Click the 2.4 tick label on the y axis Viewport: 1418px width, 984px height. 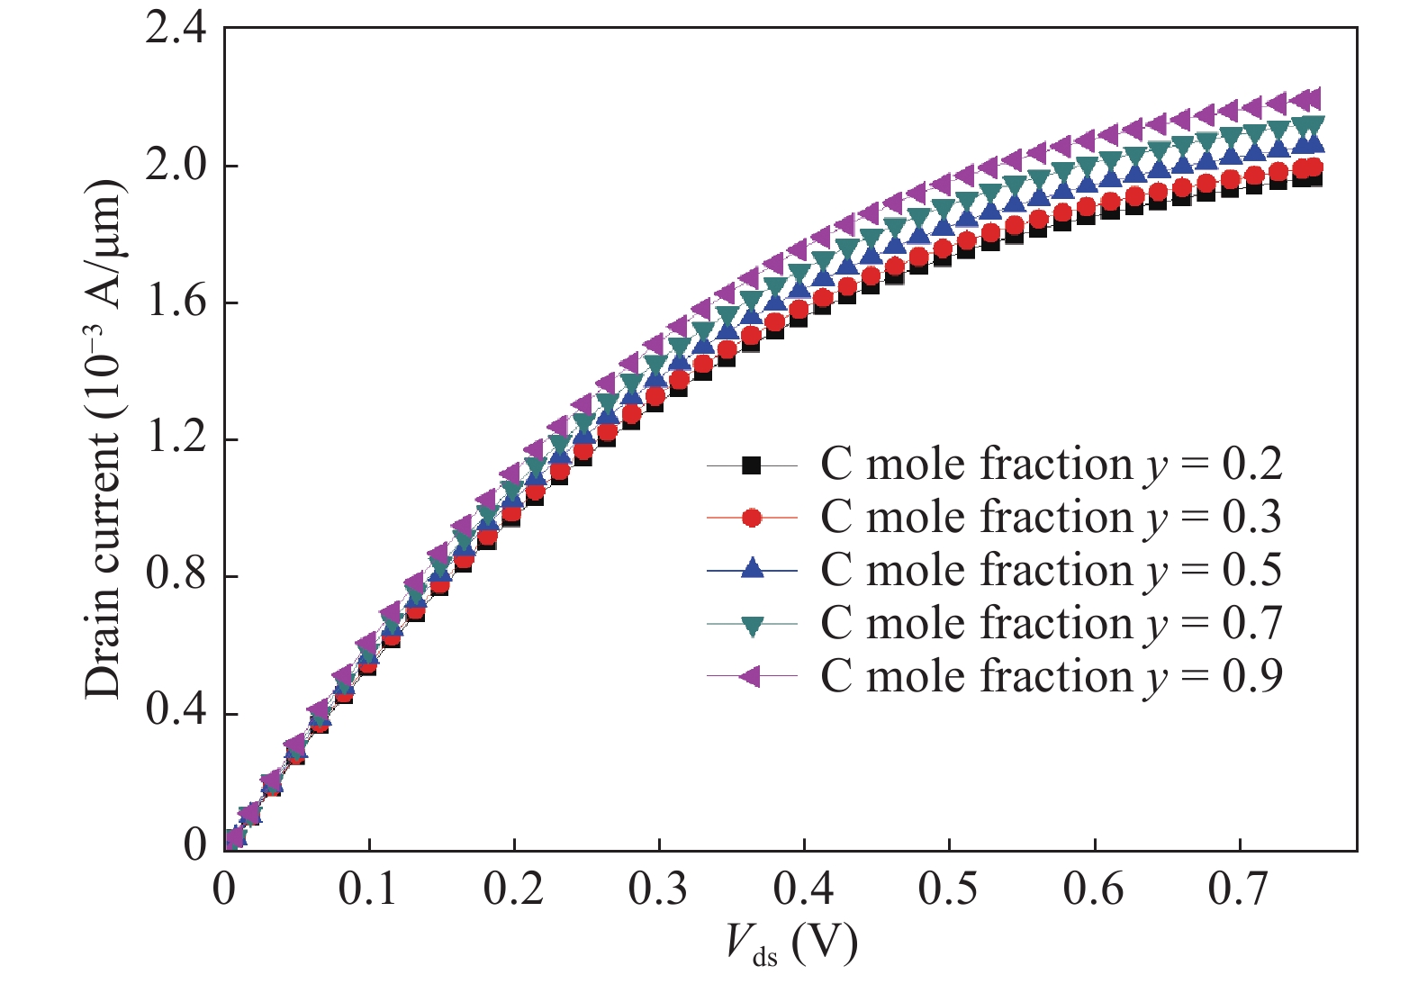pos(176,29)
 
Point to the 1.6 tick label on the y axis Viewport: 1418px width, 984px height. pos(176,302)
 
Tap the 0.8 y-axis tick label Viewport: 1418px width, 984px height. pos(176,576)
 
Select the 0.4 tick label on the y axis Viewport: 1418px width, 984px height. pos(176,713)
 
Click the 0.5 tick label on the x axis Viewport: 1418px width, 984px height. pos(948,889)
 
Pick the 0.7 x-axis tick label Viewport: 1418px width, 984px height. pos(1238,889)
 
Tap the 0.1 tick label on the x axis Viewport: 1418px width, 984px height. pos(368,889)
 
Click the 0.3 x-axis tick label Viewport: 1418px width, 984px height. pos(658,889)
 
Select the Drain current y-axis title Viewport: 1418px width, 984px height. pos(104,439)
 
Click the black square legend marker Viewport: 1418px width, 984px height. pos(752,465)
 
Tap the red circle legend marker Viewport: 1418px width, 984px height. pos(752,518)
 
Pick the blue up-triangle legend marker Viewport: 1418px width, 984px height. pos(752,569)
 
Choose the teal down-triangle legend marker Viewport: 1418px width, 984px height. pos(752,624)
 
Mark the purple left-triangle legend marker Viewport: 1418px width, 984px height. pos(752,676)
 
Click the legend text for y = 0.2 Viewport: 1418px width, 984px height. pos(1051,465)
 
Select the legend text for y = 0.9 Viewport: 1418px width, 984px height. pos(1051,676)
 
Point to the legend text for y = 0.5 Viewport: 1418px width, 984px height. pos(1051,570)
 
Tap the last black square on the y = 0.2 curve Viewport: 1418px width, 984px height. pos(1313,177)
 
